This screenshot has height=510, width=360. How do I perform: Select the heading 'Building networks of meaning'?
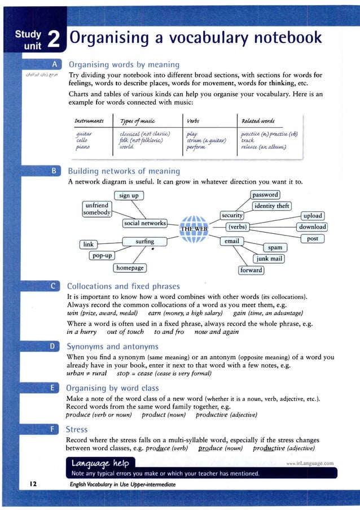(124, 171)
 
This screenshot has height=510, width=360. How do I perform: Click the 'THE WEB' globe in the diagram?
(194, 229)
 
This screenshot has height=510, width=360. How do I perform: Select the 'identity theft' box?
(271, 206)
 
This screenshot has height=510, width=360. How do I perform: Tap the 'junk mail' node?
(269, 259)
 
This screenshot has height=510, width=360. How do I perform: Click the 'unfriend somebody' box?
(96, 209)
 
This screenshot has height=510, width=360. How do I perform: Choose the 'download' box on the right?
(312, 227)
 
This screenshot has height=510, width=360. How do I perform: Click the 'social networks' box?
(144, 223)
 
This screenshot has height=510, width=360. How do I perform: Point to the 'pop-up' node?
(102, 255)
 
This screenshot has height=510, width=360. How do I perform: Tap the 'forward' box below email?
(251, 270)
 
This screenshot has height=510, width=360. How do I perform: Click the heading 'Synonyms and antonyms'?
(112, 346)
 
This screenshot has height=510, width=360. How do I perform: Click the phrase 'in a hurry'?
(81, 332)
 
